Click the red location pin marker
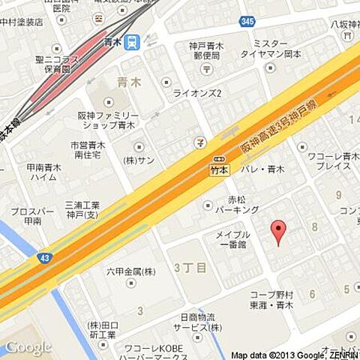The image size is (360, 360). pyautogui.click(x=278, y=232)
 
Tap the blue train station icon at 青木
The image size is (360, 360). pyautogui.click(x=133, y=42)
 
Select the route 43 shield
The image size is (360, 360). pyautogui.click(x=45, y=258)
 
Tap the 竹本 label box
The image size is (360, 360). pyautogui.click(x=219, y=170)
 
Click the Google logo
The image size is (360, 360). pyautogui.click(x=28, y=347)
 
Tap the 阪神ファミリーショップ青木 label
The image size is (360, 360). pyautogui.click(x=109, y=121)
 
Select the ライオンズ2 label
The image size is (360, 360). pyautogui.click(x=197, y=94)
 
